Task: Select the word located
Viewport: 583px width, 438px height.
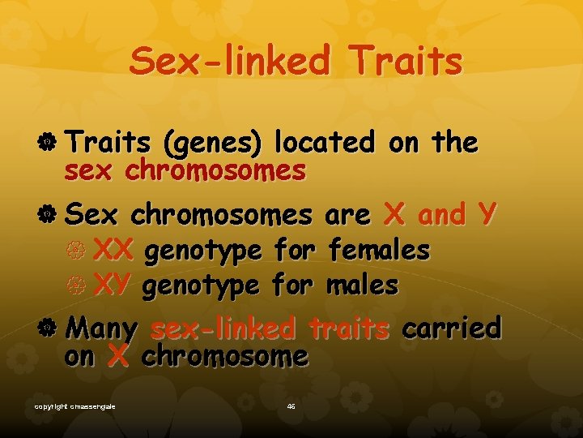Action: [x=325, y=143]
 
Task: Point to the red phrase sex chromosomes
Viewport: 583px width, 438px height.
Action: [x=185, y=171]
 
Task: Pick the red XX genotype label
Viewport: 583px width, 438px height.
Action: [x=113, y=251]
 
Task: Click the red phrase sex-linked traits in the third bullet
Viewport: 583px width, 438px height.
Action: [x=270, y=328]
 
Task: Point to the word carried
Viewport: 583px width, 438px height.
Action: [x=451, y=328]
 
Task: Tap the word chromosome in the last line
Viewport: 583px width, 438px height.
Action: [x=224, y=356]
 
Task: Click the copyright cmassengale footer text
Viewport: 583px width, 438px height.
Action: [x=74, y=406]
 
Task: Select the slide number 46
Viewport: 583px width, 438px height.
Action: [x=291, y=406]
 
